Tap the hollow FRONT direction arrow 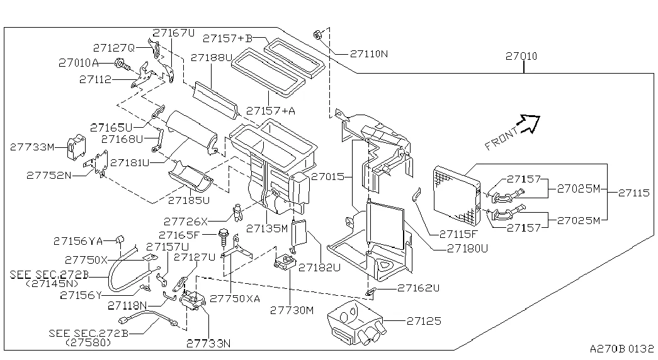pos(529,123)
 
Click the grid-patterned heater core pos(457,197)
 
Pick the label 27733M pos(31,147)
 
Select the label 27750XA pos(234,298)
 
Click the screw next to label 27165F pos(224,237)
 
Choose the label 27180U pos(468,248)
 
